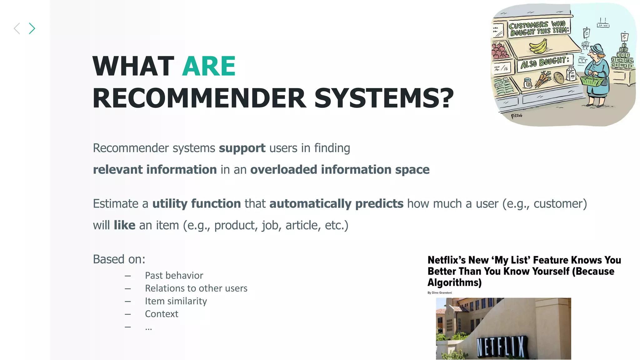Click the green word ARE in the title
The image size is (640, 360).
click(x=209, y=66)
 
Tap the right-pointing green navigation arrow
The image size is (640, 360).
click(x=32, y=28)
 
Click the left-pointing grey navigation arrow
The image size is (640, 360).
click(x=17, y=28)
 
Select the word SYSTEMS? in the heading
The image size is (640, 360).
click(x=384, y=98)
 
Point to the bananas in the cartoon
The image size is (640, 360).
click(x=538, y=46)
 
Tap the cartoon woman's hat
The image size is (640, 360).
click(x=597, y=49)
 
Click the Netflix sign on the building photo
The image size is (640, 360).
click(x=501, y=347)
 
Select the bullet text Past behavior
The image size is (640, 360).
click(x=174, y=275)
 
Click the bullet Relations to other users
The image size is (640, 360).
click(x=196, y=288)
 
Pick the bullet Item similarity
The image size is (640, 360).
click(x=176, y=301)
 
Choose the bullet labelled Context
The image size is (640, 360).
click(x=161, y=314)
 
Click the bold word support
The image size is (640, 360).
click(x=242, y=148)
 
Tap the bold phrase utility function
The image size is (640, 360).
click(x=197, y=204)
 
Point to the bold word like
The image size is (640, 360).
click(x=124, y=225)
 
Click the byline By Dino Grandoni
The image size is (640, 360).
click(x=439, y=293)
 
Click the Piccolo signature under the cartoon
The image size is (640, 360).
click(x=516, y=116)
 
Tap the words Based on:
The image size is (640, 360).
click(x=119, y=259)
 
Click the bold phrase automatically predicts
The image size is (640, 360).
click(x=336, y=204)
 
